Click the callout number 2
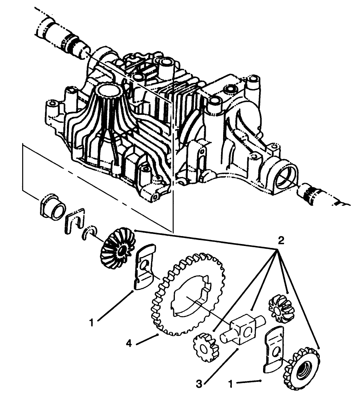pos(281,240)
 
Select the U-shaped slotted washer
pos(75,219)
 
